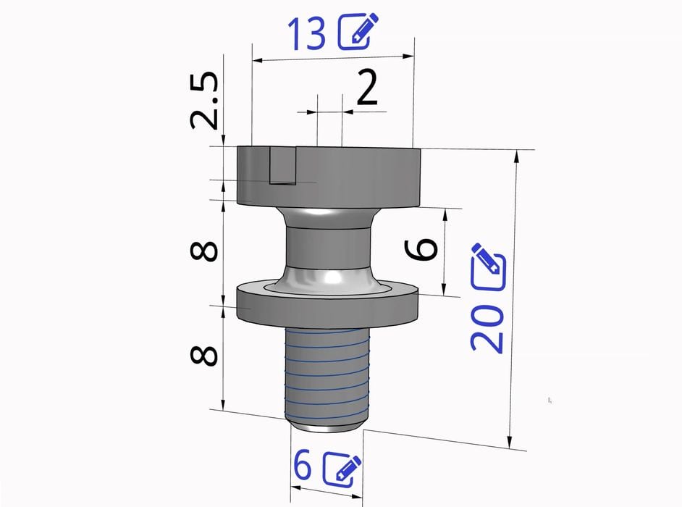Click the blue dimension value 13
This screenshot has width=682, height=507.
[x=306, y=34]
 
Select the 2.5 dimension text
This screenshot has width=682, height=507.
[x=204, y=100]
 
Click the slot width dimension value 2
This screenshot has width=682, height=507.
[x=367, y=89]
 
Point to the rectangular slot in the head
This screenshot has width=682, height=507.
[x=282, y=166]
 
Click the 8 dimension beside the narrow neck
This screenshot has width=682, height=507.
[x=204, y=251]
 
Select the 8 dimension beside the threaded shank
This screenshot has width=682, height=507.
[x=204, y=356]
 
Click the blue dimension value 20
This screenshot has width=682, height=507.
[x=487, y=327]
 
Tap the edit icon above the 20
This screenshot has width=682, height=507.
[x=489, y=267]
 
